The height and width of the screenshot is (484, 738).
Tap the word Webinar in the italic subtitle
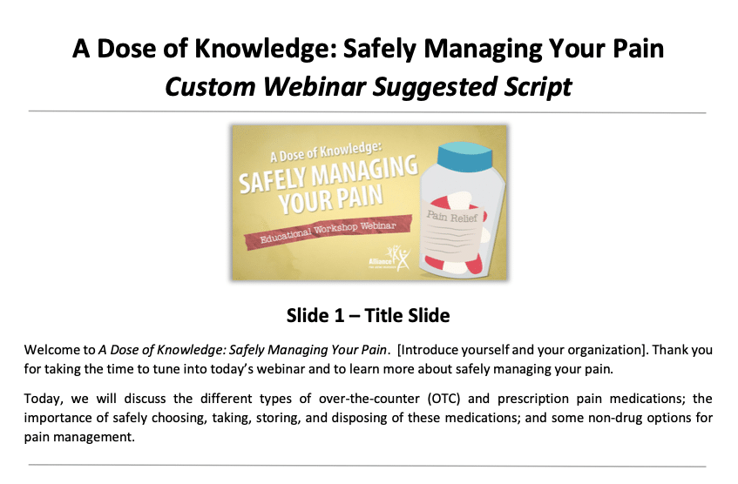(315, 87)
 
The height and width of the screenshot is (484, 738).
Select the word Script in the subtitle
(538, 88)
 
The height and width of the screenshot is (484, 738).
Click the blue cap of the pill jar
(465, 157)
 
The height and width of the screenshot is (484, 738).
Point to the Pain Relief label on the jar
(452, 217)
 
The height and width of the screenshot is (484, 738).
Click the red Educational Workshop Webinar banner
(328, 232)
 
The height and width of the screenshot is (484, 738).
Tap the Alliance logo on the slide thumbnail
(389, 259)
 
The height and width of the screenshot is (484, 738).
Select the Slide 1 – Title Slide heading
(368, 316)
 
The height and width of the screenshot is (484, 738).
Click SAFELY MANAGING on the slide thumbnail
(328, 174)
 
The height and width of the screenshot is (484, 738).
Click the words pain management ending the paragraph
(79, 438)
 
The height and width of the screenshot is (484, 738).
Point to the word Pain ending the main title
(638, 49)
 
